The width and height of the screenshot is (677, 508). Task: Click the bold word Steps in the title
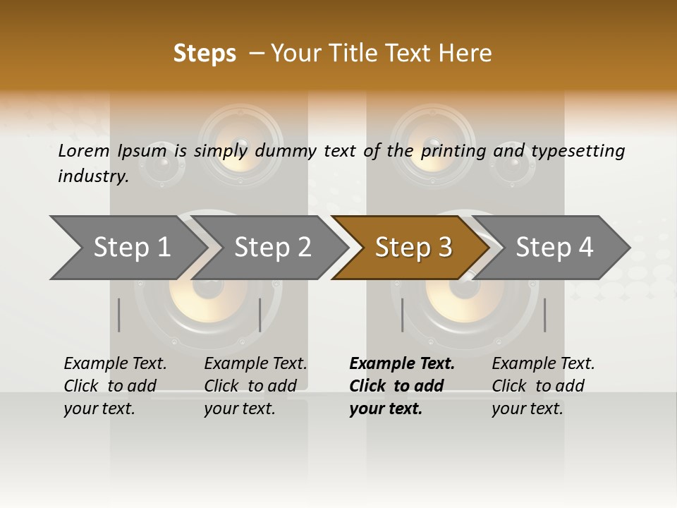pos(205,54)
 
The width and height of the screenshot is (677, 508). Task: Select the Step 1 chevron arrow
pos(127,248)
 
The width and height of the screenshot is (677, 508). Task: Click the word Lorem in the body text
pos(84,150)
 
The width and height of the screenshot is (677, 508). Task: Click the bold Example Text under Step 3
pos(402,363)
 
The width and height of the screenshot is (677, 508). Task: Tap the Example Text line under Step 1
pos(115,363)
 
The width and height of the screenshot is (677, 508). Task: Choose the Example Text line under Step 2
pos(255,363)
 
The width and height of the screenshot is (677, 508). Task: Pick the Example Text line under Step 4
pos(543,363)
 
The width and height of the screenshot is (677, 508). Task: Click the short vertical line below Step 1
pos(119,315)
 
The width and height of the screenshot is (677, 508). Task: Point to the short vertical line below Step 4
pos(544,315)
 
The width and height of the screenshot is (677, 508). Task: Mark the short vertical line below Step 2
pos(260,315)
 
